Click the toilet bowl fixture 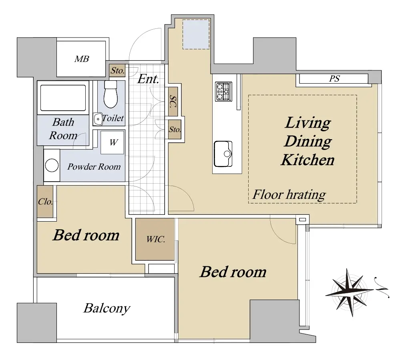(111, 94)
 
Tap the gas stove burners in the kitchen (223, 92)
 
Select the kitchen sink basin (223, 154)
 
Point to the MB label (82, 59)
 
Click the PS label (334, 79)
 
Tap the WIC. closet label (156, 239)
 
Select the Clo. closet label (45, 202)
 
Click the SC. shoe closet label (173, 102)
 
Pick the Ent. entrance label (148, 79)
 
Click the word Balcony (107, 308)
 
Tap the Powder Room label (94, 167)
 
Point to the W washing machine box (113, 142)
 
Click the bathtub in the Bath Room (63, 98)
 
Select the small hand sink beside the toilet (98, 119)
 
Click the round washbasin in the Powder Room (52, 165)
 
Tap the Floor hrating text (289, 195)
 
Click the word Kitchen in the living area (307, 160)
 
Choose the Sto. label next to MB (117, 70)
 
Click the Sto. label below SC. (175, 129)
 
